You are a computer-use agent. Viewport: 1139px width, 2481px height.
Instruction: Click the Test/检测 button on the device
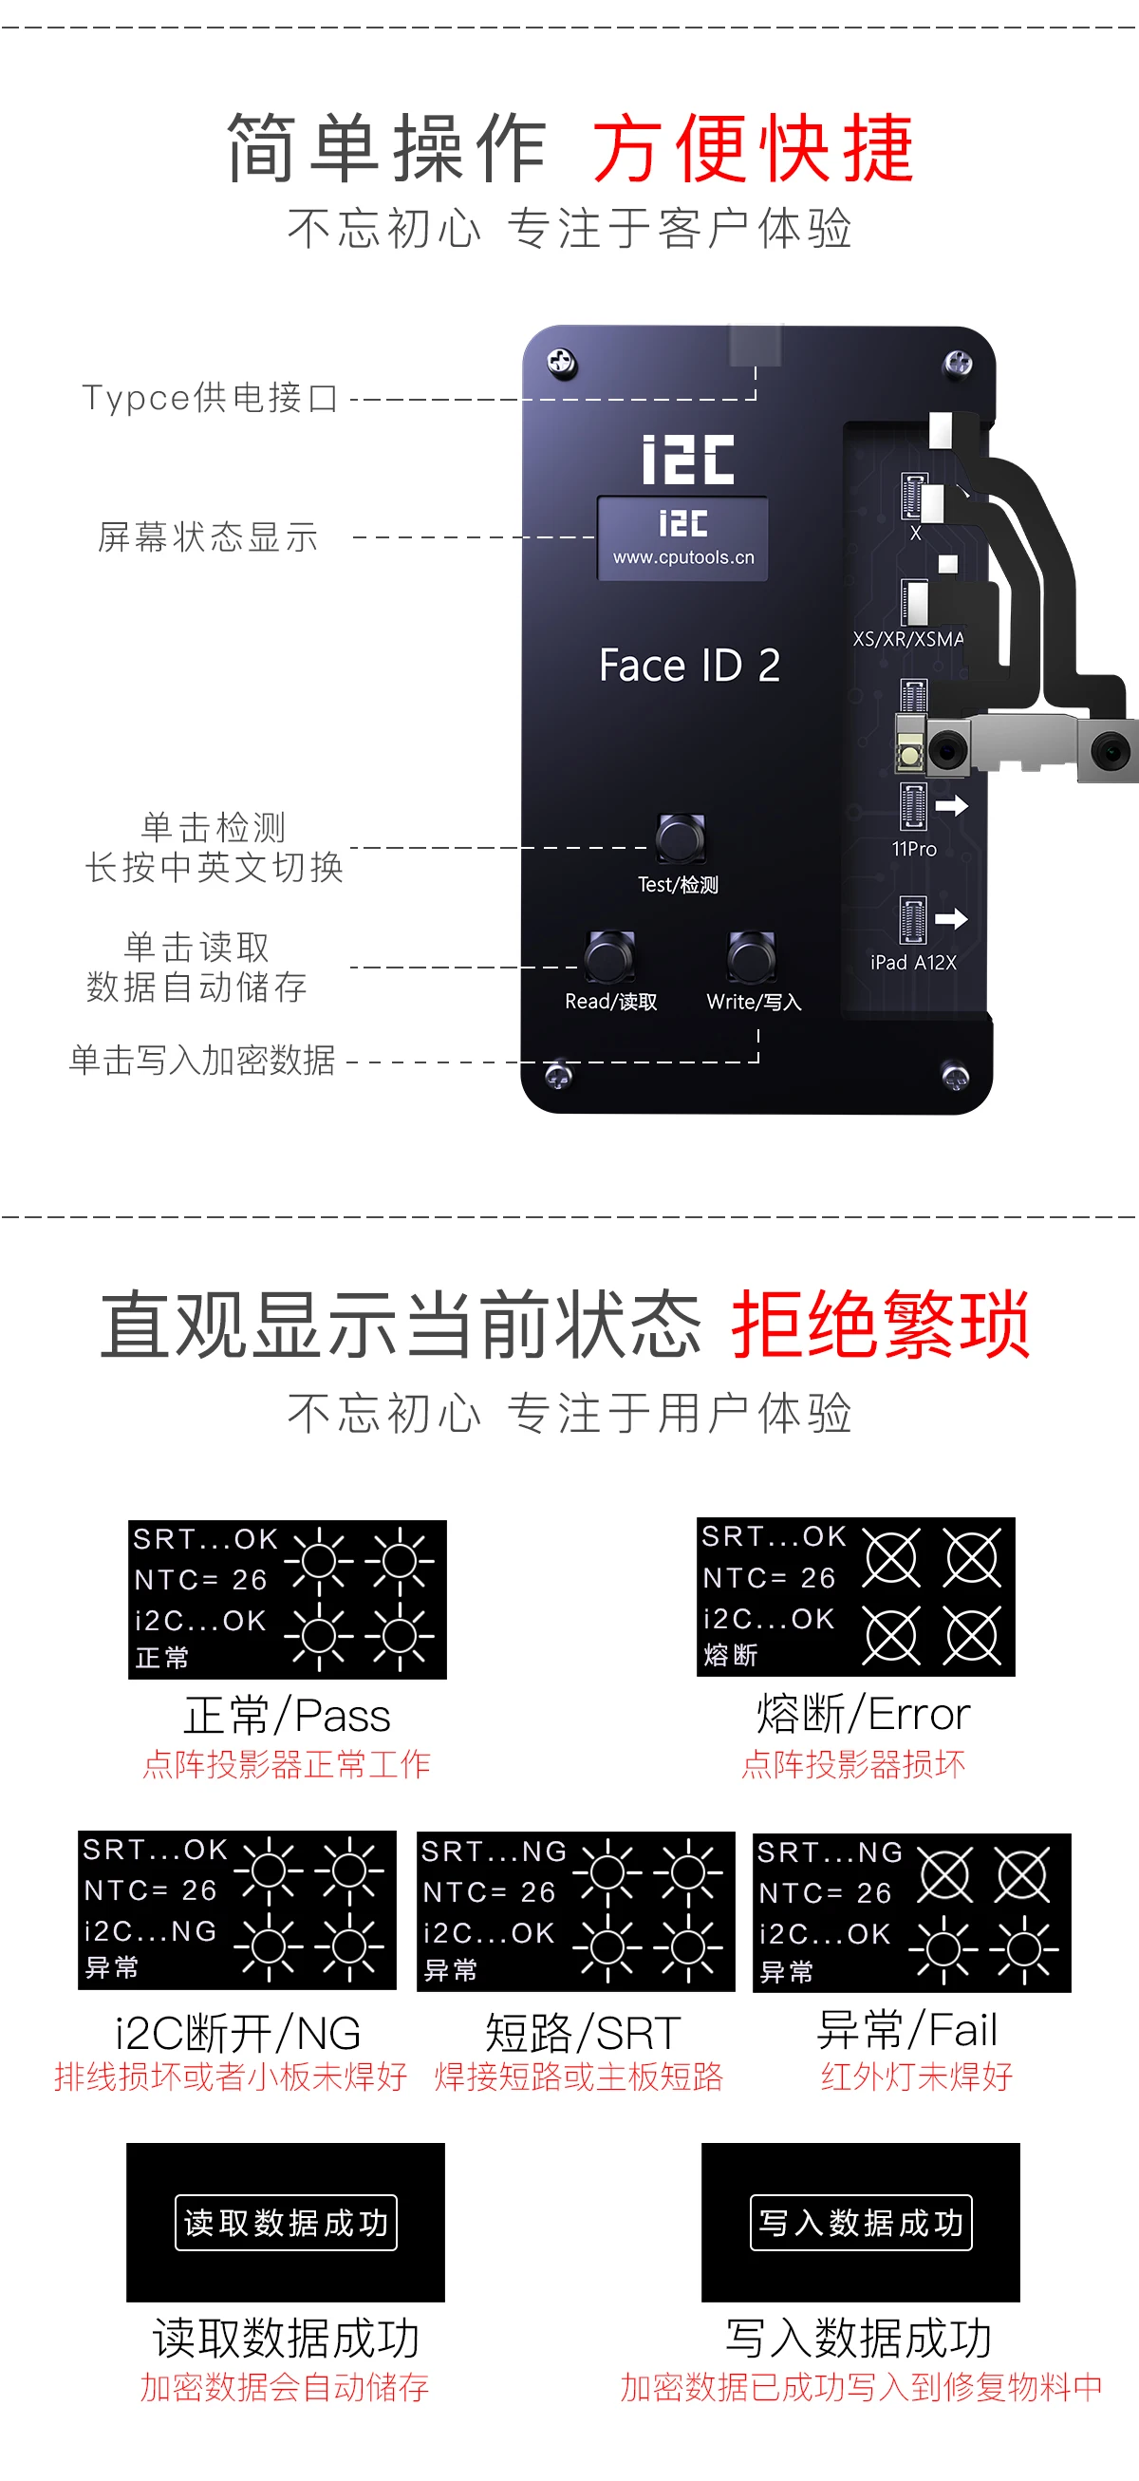[x=680, y=837]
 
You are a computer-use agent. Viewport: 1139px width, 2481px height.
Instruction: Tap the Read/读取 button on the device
[x=608, y=956]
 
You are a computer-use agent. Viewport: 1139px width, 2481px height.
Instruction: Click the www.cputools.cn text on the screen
[x=683, y=557]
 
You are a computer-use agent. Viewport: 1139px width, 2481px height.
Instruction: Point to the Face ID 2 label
[x=689, y=666]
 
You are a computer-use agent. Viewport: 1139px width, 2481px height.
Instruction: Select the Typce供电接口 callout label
[x=211, y=398]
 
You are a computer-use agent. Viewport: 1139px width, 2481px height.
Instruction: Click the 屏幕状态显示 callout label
[x=208, y=537]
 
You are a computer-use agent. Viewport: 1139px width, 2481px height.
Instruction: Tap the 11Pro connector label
[x=914, y=850]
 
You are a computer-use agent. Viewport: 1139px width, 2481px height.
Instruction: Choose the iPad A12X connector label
[x=913, y=962]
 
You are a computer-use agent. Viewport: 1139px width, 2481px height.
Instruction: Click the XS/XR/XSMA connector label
[x=908, y=639]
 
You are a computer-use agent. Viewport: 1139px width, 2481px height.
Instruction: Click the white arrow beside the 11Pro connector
[x=951, y=806]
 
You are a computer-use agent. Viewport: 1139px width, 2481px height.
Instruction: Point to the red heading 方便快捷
[x=753, y=149]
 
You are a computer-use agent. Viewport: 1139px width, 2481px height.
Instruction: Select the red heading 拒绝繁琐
[x=881, y=1325]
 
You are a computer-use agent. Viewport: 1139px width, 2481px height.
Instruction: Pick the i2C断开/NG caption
[x=238, y=2033]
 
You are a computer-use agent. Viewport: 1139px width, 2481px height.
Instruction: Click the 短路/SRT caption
[x=583, y=2033]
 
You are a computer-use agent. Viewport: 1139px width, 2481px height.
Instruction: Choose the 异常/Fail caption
[x=907, y=2030]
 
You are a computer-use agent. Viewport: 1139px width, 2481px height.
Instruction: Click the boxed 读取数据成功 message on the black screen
[x=286, y=2223]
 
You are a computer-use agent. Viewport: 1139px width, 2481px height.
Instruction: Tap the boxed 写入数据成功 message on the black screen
[x=861, y=2223]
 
